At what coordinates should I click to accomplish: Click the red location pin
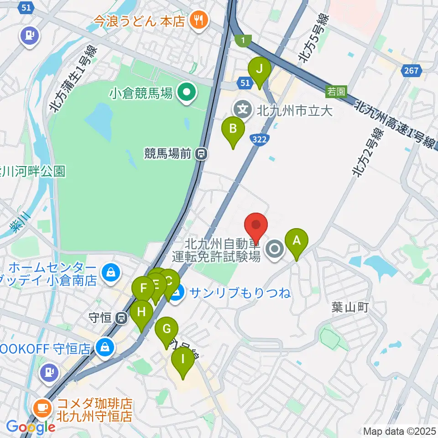256,225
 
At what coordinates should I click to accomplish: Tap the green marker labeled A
296,241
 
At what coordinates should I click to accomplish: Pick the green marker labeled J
259,70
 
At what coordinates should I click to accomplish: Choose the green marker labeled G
167,329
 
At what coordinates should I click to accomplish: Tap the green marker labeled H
141,313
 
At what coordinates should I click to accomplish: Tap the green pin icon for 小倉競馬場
186,94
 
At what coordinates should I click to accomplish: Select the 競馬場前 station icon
201,154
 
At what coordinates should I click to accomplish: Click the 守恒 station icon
121,317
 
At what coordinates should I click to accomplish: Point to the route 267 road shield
413,70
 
